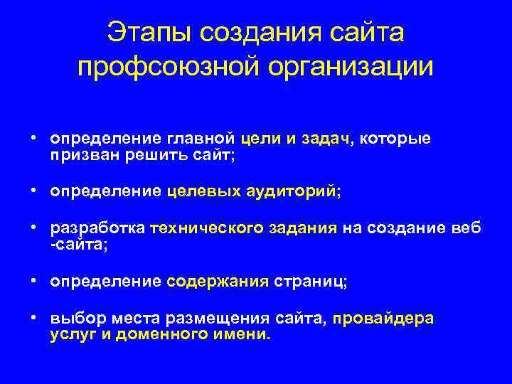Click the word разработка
coord(97,228)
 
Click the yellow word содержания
coord(218,281)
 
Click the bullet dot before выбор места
coord(33,317)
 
